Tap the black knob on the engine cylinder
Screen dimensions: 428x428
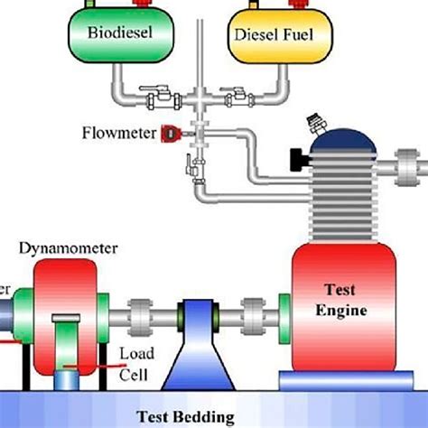[297, 161]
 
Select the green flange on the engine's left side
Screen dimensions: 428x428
[284, 318]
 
